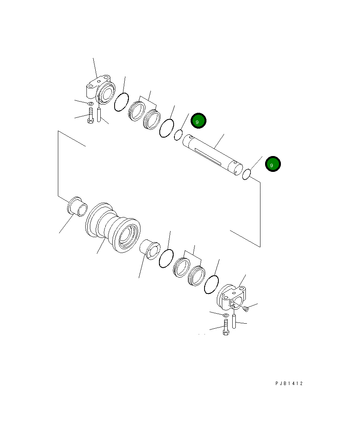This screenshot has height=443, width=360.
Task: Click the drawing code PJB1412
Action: point(289,384)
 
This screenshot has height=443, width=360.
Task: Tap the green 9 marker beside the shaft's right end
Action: point(273,165)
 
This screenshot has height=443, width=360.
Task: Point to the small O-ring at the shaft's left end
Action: point(178,135)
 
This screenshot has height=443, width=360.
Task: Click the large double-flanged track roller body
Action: point(113,227)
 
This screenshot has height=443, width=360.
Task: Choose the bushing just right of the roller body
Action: point(150,248)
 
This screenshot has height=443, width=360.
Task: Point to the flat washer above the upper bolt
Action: point(90,104)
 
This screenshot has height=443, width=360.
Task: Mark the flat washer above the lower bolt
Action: point(226,316)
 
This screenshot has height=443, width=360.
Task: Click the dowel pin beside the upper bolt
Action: point(99,115)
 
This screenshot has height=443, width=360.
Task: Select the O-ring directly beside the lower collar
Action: point(212,284)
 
